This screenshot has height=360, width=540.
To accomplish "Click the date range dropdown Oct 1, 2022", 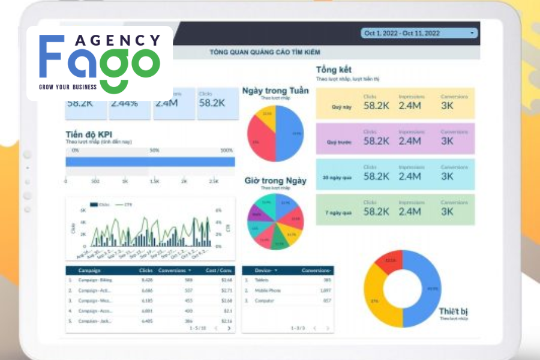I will click(x=419, y=33).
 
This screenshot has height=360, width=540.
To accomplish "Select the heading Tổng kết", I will click(x=334, y=70).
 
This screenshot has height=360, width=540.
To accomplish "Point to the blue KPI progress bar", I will click(x=150, y=161).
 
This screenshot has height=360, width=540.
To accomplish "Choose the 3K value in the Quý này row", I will click(x=448, y=106).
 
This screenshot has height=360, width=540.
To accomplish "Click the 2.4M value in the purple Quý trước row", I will click(x=410, y=142).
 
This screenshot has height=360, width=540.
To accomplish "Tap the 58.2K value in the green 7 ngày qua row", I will click(x=376, y=211).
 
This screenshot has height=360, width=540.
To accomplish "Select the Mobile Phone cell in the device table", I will click(x=267, y=290).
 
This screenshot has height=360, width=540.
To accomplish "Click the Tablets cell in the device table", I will click(x=262, y=280).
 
